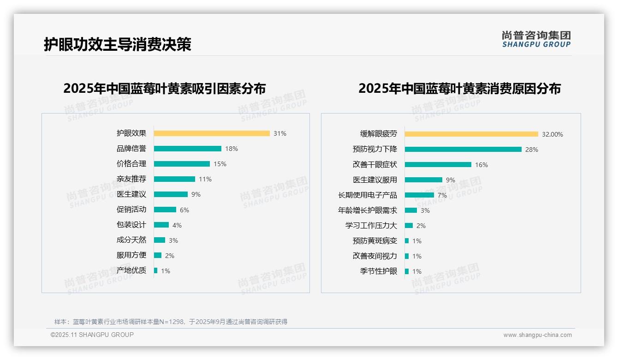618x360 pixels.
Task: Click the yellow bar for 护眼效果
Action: pyautogui.click(x=212, y=133)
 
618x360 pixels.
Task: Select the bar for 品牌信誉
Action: pyautogui.click(x=187, y=149)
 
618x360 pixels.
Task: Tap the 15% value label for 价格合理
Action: pyautogui.click(x=220, y=164)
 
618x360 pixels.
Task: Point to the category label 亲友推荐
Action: pyautogui.click(x=131, y=179)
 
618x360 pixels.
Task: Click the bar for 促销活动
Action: pyautogui.click(x=165, y=210)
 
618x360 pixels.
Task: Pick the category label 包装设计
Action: pyautogui.click(x=131, y=225)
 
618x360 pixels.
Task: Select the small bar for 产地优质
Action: pyautogui.click(x=156, y=270)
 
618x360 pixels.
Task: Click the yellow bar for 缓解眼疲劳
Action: pyautogui.click(x=471, y=134)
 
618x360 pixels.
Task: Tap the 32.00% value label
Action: pyautogui.click(x=552, y=134)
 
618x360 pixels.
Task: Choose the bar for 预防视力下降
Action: pyautogui.click(x=463, y=150)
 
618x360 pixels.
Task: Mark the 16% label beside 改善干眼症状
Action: pyautogui.click(x=481, y=165)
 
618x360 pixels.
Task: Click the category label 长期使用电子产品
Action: pyautogui.click(x=367, y=195)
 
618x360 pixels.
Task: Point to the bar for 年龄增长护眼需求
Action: pyautogui.click(x=411, y=210)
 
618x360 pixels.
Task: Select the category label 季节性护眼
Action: pyautogui.click(x=378, y=271)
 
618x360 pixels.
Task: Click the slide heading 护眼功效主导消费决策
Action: pyautogui.click(x=117, y=44)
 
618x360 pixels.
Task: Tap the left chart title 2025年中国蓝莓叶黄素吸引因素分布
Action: pyautogui.click(x=164, y=89)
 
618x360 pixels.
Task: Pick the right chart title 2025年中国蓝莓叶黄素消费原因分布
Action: pyautogui.click(x=459, y=89)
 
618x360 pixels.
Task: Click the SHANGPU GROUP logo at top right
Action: pyautogui.click(x=536, y=39)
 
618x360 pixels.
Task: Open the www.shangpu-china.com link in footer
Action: pyautogui.click(x=537, y=335)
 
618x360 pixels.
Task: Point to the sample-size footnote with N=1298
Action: pyautogui.click(x=171, y=322)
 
